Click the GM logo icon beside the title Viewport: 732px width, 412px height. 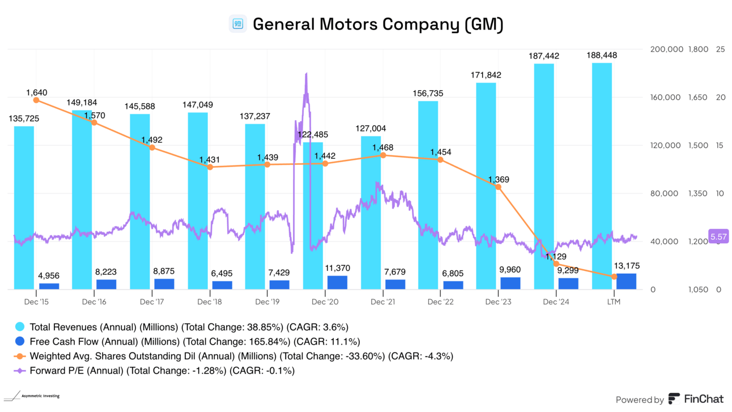(238, 24)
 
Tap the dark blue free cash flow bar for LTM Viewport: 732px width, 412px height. (626, 282)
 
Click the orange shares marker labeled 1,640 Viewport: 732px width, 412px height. (36, 100)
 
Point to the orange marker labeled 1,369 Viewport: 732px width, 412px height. (499, 187)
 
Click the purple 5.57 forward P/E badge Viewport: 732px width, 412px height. (718, 236)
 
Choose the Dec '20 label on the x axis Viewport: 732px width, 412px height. (325, 302)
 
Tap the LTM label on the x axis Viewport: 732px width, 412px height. (614, 302)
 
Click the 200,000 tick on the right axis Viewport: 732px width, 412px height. (666, 50)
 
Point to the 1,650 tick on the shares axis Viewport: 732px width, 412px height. (698, 98)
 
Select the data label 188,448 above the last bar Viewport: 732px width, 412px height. (602, 56)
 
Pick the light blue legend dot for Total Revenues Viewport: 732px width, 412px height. (20, 327)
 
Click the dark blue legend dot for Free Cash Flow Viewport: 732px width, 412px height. (20, 342)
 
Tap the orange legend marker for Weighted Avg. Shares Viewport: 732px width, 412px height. (20, 356)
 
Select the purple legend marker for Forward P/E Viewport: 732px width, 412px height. (20, 371)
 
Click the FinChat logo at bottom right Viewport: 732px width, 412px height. (696, 400)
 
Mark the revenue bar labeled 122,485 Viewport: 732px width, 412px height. (313, 215)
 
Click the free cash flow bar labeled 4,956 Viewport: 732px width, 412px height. (49, 286)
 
